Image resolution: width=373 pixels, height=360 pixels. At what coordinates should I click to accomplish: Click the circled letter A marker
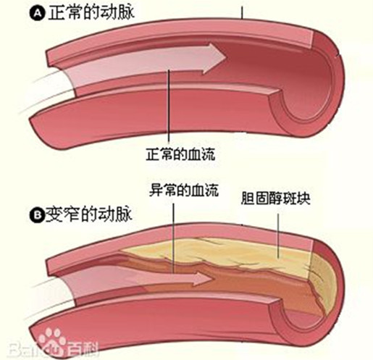(x=37, y=13)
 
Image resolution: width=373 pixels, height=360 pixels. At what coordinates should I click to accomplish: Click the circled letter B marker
(x=37, y=214)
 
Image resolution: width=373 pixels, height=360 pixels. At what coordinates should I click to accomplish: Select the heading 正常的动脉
(x=91, y=12)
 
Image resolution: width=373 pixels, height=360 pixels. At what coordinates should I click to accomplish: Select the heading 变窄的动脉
(x=89, y=214)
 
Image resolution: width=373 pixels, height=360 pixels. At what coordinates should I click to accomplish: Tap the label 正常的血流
(x=180, y=154)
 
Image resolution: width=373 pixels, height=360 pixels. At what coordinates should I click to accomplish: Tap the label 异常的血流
(x=184, y=190)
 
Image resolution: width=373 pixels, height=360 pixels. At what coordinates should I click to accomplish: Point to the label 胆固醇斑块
(x=275, y=198)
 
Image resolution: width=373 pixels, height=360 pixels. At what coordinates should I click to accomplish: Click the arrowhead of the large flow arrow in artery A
(x=215, y=59)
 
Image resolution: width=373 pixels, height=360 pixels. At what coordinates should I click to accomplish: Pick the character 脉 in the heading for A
(x=125, y=12)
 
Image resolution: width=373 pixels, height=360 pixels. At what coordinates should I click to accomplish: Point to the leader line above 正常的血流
(x=169, y=106)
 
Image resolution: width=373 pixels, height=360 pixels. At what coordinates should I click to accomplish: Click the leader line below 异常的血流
(x=173, y=238)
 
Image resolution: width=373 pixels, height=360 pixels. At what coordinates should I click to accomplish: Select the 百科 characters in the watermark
(x=83, y=348)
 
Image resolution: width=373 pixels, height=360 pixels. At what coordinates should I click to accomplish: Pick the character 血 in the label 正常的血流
(x=194, y=154)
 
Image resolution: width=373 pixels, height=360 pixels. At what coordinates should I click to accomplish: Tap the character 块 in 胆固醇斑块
(x=303, y=198)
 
